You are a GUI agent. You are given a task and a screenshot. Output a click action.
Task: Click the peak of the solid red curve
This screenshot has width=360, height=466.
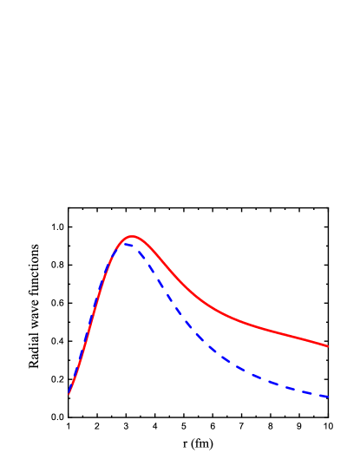(x=132, y=236)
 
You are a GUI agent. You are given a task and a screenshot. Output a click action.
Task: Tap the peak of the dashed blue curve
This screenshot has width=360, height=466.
(x=126, y=244)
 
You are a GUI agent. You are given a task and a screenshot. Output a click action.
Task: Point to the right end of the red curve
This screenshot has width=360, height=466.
(x=328, y=346)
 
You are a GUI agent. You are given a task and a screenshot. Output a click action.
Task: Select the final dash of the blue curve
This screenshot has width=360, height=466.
(x=322, y=396)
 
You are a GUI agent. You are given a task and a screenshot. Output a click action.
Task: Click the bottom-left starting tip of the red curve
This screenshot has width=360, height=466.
(x=69, y=394)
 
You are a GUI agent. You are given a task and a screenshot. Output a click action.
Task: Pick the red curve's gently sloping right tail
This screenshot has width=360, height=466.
(x=286, y=335)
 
